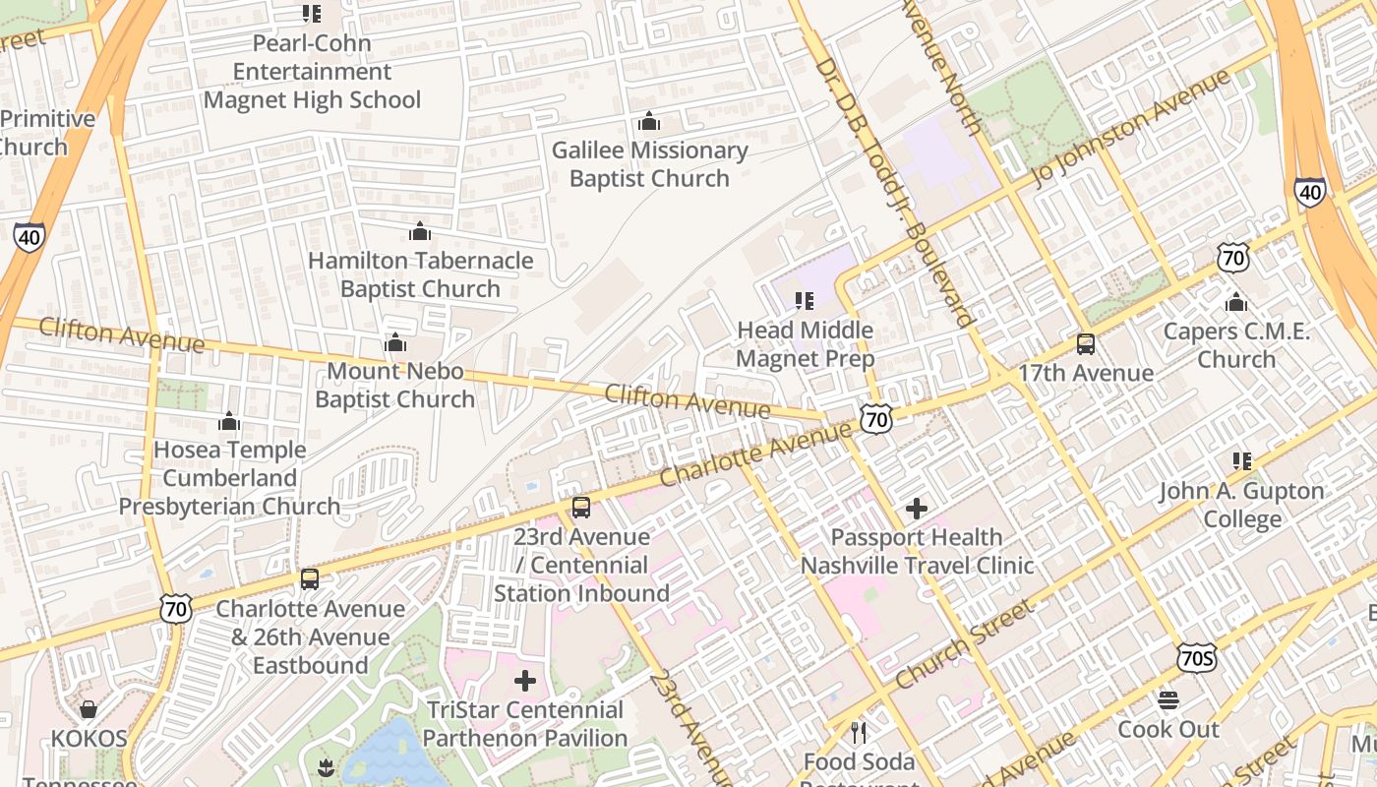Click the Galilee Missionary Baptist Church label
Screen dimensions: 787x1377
(649, 164)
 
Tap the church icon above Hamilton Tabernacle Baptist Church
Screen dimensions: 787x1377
(420, 232)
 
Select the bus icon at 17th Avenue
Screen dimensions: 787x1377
(1086, 344)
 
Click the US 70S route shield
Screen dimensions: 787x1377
(1195, 658)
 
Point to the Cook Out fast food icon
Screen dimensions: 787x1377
(1168, 700)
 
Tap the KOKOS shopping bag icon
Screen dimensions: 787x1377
(89, 709)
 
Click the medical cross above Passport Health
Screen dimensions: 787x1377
(917, 509)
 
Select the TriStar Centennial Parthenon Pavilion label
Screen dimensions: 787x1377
(525, 724)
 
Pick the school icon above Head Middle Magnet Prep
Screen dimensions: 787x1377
(805, 301)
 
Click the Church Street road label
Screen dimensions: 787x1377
(965, 645)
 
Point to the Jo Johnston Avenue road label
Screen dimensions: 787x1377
(1131, 128)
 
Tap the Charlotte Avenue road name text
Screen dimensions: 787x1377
(755, 454)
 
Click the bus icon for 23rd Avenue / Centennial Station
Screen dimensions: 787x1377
(581, 508)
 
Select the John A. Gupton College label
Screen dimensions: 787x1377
(1242, 505)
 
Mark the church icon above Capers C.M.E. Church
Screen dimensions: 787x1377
(1236, 302)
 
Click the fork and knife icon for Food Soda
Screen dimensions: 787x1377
(859, 732)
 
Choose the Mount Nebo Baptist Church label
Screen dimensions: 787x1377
(394, 385)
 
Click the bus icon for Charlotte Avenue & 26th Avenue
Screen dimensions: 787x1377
(310, 579)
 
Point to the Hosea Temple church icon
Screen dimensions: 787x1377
(229, 422)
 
